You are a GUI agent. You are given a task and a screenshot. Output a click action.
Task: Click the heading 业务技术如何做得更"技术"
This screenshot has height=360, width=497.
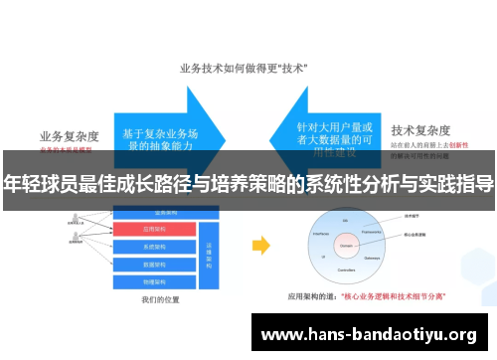(x=244, y=69)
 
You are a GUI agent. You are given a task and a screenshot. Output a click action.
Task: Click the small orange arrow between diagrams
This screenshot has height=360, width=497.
(x=260, y=244)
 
